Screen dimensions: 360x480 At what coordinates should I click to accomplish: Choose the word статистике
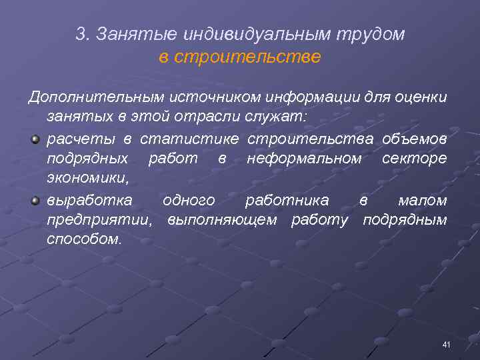click(191, 139)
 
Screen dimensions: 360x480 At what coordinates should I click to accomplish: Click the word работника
click(287, 200)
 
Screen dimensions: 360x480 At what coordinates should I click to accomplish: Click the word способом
click(85, 239)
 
